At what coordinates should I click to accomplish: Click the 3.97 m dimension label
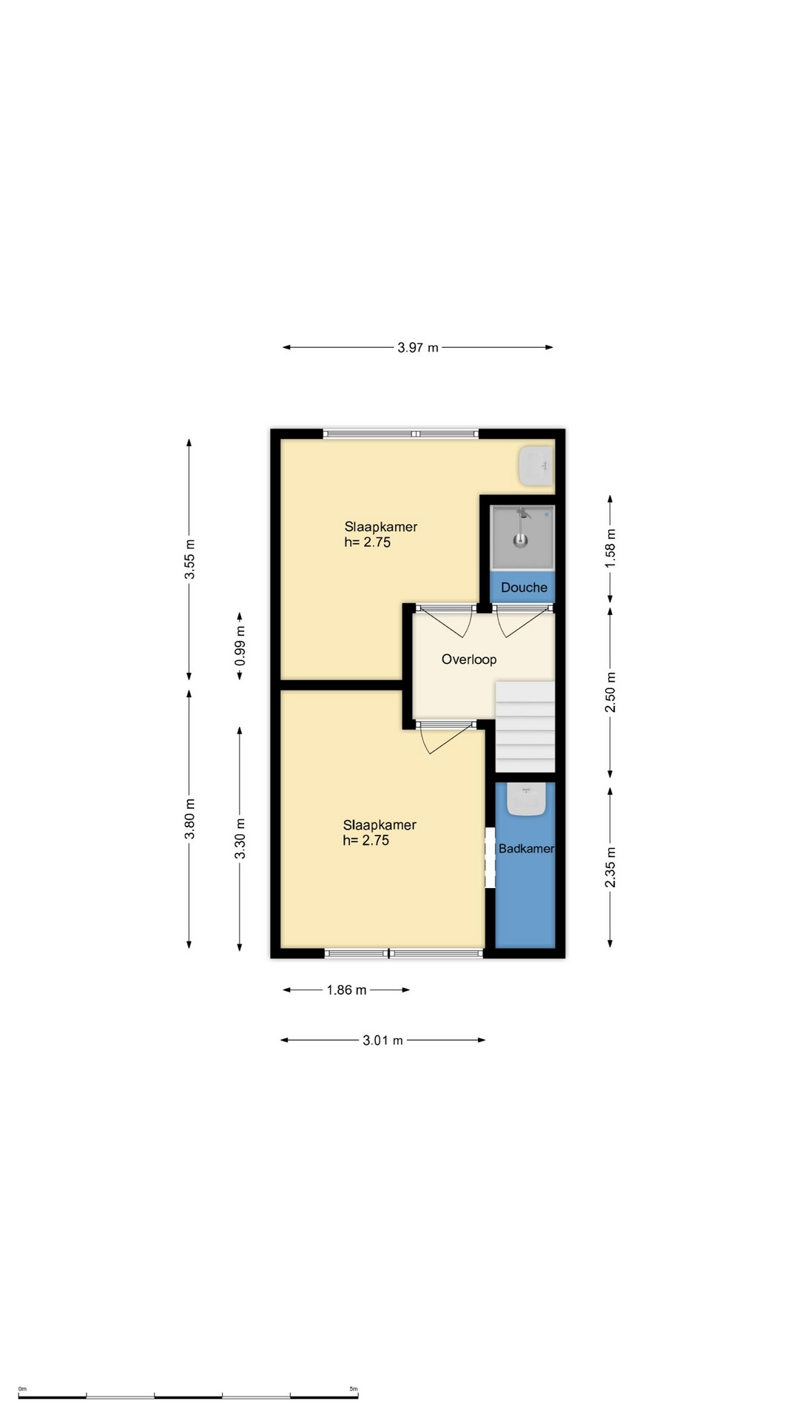(418, 347)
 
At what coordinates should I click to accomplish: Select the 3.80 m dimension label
(190, 819)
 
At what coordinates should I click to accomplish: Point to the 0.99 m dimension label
(240, 645)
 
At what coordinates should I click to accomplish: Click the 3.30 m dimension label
(240, 839)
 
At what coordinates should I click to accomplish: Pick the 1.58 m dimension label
(610, 548)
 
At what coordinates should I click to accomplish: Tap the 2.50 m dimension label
(610, 693)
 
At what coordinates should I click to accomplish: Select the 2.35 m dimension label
(610, 867)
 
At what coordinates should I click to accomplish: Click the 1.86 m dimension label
(347, 990)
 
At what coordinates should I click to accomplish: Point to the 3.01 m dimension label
(383, 1041)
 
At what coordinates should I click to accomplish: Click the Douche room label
(524, 588)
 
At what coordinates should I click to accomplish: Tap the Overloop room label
(469, 659)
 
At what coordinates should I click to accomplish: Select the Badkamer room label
(526, 849)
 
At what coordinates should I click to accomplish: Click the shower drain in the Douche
(522, 540)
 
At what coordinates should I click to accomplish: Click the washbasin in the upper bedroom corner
(536, 466)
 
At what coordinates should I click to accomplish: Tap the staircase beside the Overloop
(525, 728)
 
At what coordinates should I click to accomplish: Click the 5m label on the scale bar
(354, 1389)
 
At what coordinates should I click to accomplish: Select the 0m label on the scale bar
(22, 1389)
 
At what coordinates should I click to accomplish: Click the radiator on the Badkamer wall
(490, 858)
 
